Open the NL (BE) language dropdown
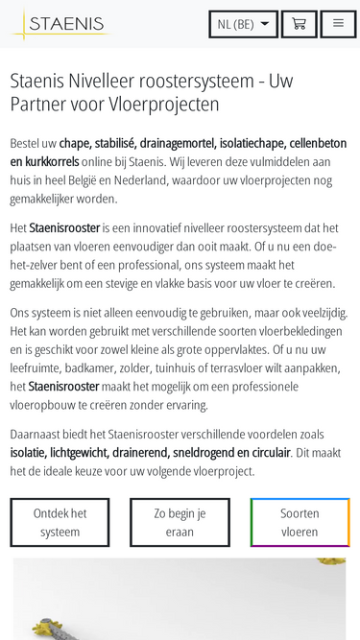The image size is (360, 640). click(243, 24)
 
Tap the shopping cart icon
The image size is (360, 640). click(299, 24)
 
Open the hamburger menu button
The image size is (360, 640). click(338, 24)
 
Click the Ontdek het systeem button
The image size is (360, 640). click(60, 522)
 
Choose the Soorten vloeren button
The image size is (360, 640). click(300, 522)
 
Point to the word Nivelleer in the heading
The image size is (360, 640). click(107, 80)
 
